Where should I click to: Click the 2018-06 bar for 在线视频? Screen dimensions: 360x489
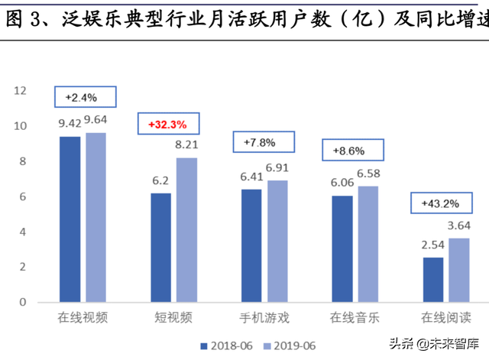point(70,219)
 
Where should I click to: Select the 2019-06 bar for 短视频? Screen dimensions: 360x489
point(186,229)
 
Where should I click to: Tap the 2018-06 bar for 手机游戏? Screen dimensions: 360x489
point(251,245)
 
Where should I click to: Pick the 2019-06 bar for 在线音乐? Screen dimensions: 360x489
point(368,244)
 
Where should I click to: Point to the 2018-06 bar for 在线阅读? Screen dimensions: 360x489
point(432,279)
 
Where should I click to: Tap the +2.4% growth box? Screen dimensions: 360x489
point(84,97)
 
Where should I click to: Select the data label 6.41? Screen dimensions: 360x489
point(251,177)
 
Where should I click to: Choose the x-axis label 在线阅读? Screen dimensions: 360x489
point(445,316)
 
